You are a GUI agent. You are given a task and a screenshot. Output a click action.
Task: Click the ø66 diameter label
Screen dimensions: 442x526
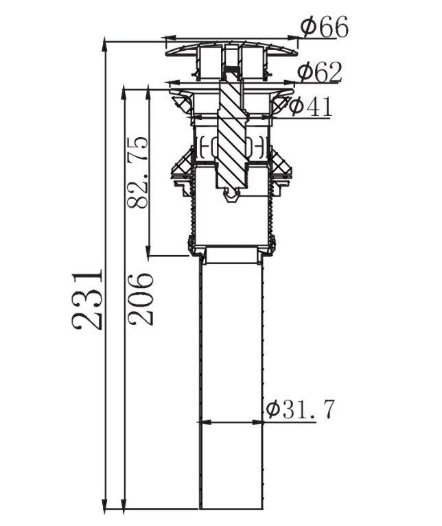pyautogui.click(x=324, y=27)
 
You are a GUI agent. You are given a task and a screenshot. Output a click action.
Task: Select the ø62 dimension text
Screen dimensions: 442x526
pyautogui.click(x=320, y=72)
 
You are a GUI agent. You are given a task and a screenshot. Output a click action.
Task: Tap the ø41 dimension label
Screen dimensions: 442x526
pyautogui.click(x=310, y=107)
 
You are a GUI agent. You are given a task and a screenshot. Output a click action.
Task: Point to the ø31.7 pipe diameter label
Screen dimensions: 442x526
pyautogui.click(x=301, y=409)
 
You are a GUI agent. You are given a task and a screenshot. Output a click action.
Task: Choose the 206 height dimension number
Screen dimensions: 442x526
pyautogui.click(x=140, y=299)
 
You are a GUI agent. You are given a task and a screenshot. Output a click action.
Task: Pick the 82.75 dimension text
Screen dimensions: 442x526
pyautogui.click(x=137, y=172)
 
